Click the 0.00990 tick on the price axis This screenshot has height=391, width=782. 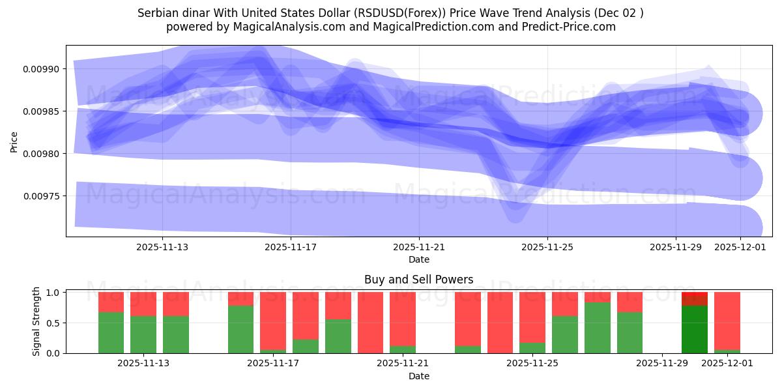tap(41, 69)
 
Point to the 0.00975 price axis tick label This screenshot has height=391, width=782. tap(41, 196)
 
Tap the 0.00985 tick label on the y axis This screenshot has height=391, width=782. tap(41, 111)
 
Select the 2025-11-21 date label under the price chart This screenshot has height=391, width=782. tap(419, 247)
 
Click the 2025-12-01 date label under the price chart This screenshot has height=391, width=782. tap(740, 247)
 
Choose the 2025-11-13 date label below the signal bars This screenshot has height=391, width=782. tap(143, 364)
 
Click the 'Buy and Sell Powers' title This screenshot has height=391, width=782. tap(418, 280)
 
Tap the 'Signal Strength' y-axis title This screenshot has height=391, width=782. tap(36, 321)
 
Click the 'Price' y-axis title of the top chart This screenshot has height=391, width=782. tap(14, 141)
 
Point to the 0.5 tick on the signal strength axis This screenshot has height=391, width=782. tap(54, 323)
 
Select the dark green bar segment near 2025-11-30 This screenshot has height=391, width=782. tap(695, 329)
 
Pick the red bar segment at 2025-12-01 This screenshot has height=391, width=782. tap(727, 321)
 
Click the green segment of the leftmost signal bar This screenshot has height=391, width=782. tap(111, 333)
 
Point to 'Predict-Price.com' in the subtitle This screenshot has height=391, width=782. tap(572, 27)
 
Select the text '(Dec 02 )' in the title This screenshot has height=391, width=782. tap(620, 13)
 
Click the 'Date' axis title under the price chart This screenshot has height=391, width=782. tap(418, 259)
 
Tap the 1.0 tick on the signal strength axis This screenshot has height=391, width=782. tap(54, 293)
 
